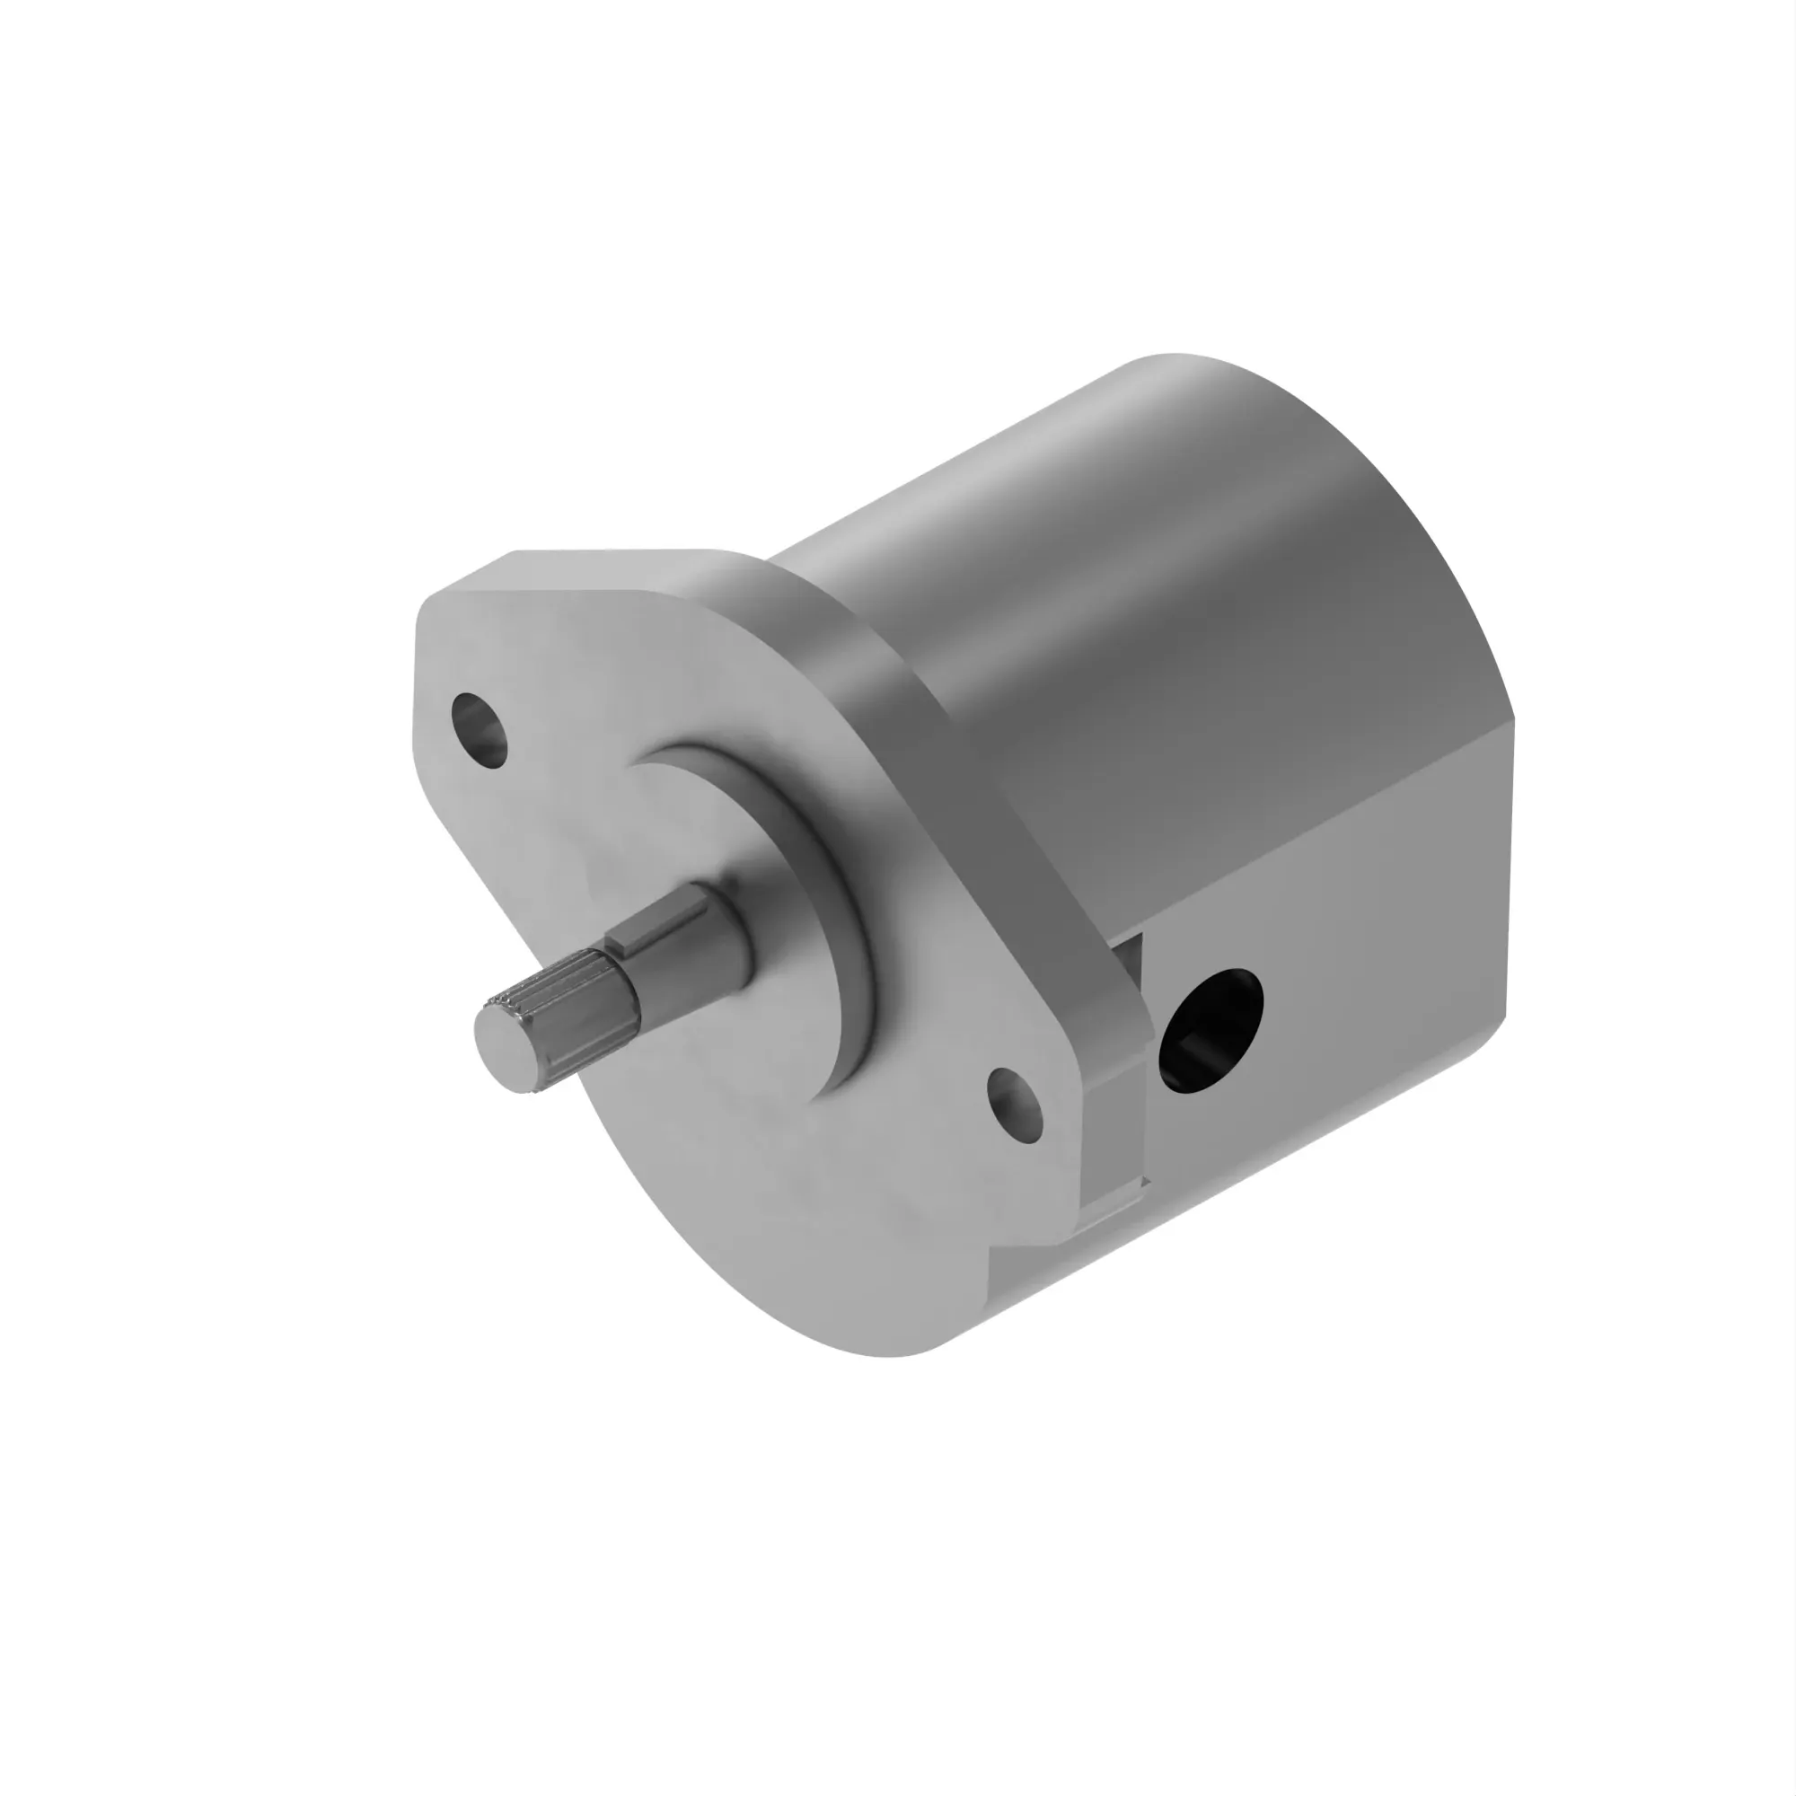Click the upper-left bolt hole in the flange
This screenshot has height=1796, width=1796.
[480, 730]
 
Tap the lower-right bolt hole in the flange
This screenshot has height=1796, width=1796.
[1015, 1105]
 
